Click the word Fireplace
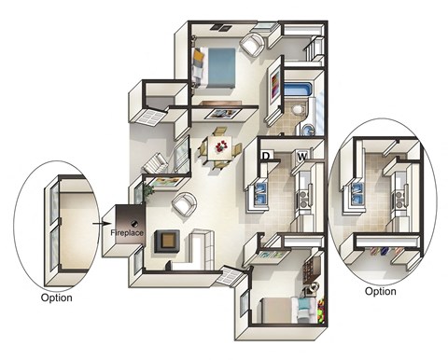pos(127,231)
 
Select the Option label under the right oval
pos(380,291)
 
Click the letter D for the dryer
pos(265,155)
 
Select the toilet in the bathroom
pos(297,111)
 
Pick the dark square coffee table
pos(167,240)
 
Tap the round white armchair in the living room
pos(183,202)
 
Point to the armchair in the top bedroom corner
pos(252,43)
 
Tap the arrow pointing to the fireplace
pos(101,224)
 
